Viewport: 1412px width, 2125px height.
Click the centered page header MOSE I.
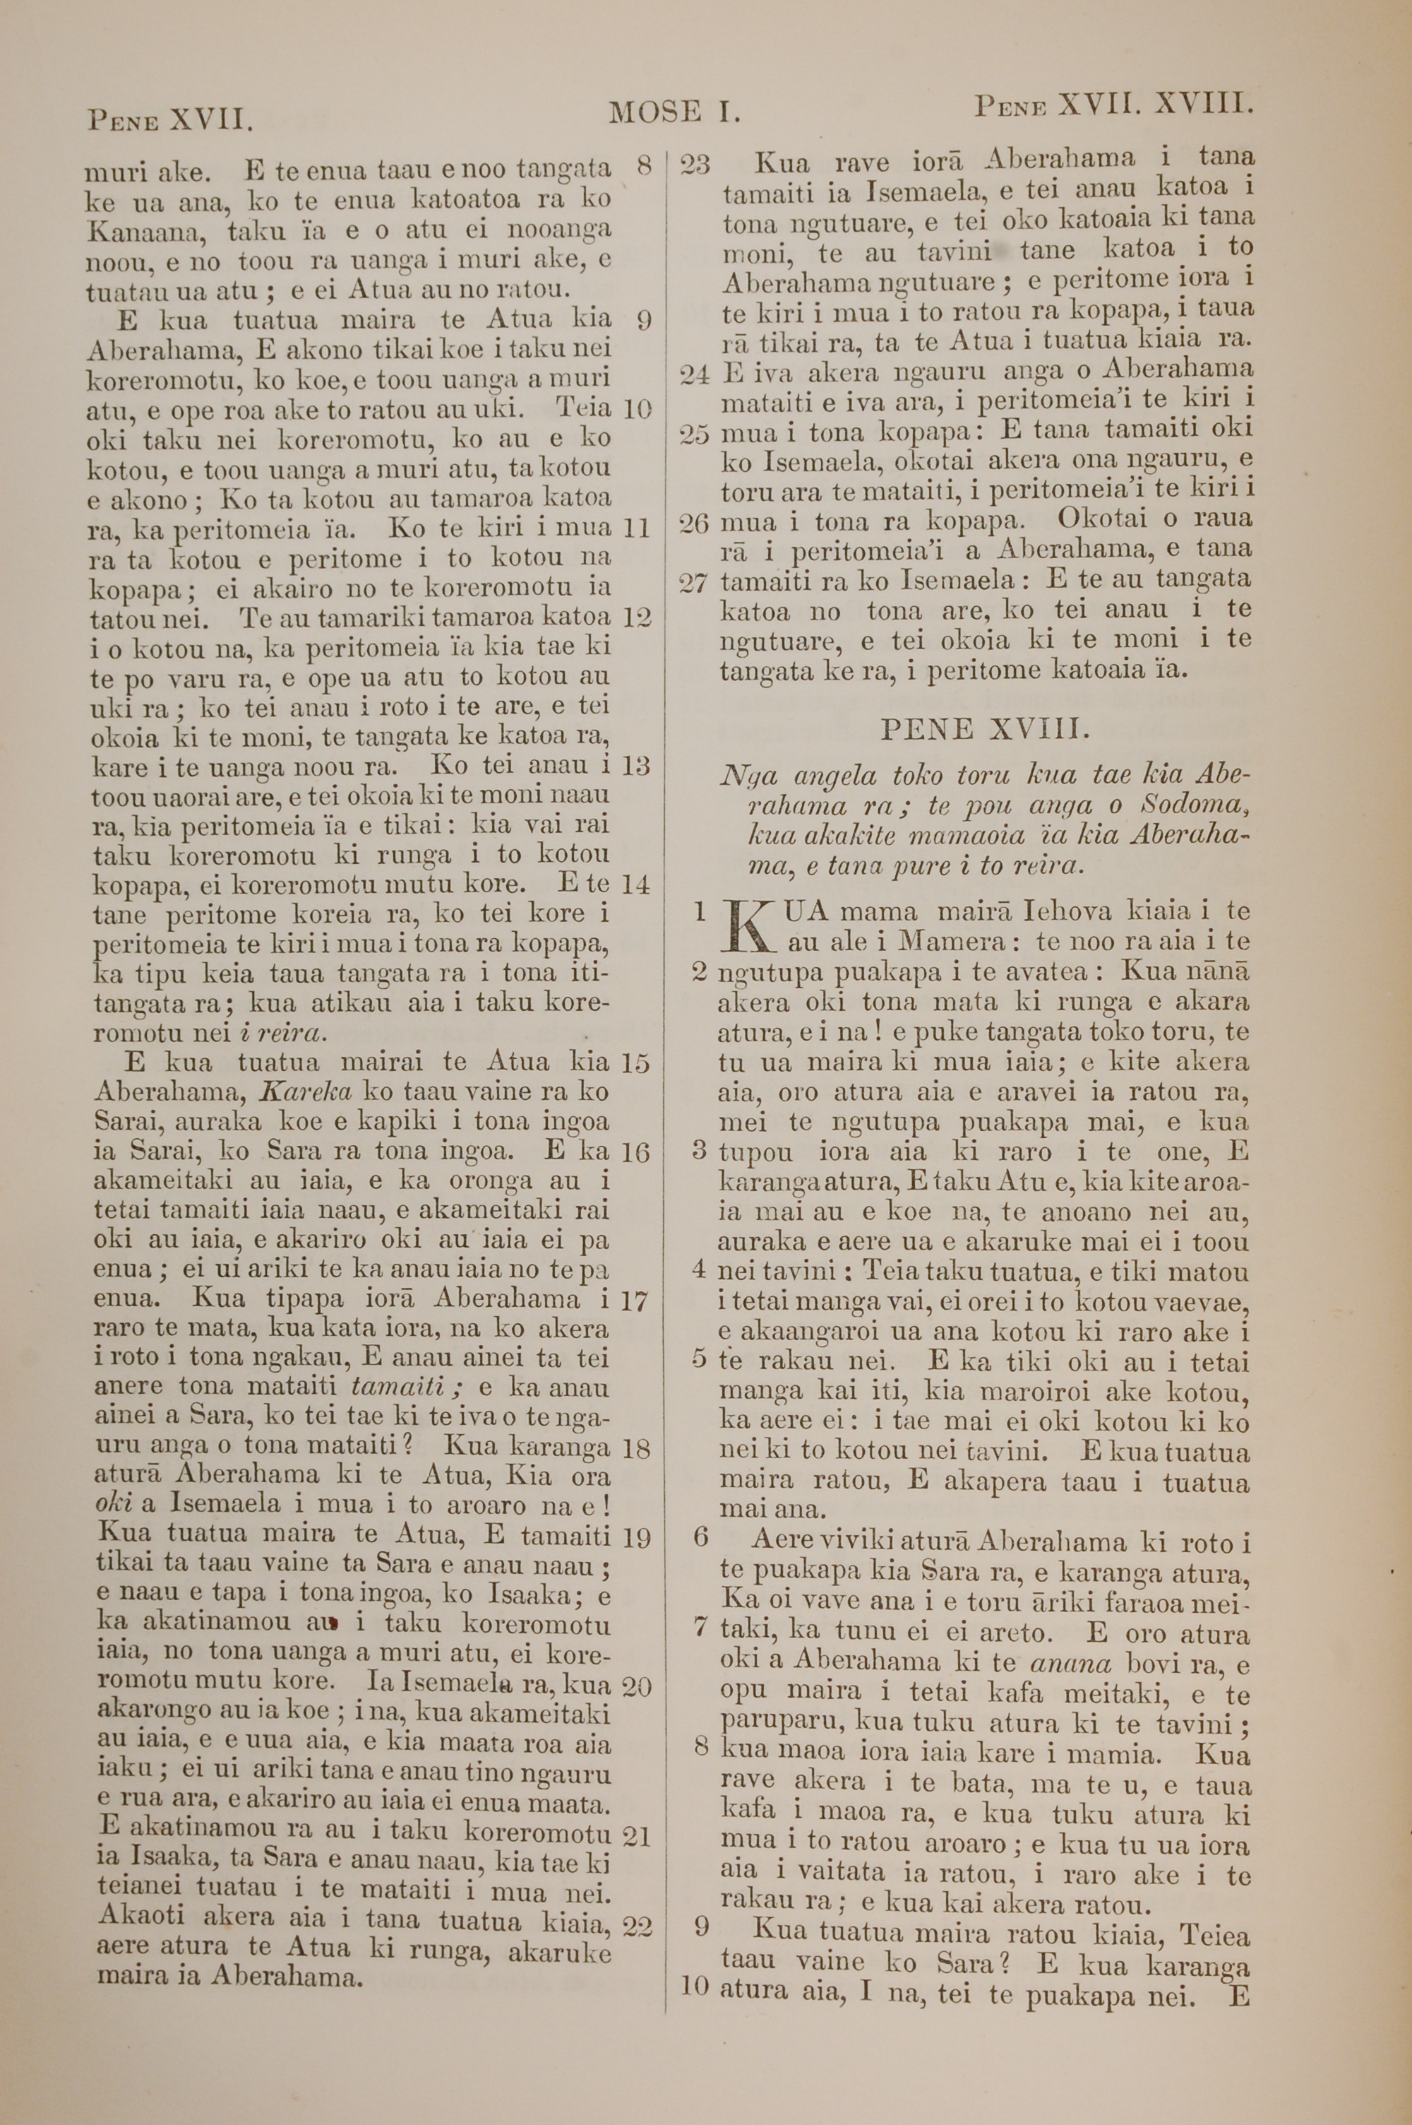point(674,112)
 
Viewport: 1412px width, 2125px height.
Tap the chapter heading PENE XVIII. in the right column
point(984,729)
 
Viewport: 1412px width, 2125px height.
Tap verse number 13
point(636,766)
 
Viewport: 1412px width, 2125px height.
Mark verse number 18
point(636,1448)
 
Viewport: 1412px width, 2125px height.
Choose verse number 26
point(694,523)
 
